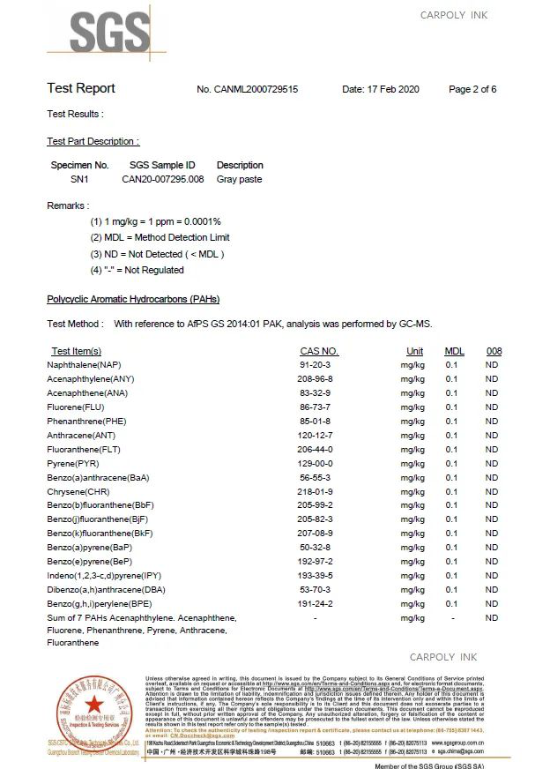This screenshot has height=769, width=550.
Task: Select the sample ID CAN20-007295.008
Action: (x=162, y=179)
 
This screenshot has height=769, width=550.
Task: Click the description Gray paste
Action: (x=239, y=179)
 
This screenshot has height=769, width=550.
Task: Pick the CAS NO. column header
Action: (x=319, y=351)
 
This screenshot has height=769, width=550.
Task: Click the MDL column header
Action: (x=454, y=351)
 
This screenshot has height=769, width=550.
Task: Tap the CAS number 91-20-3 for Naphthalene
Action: (x=315, y=365)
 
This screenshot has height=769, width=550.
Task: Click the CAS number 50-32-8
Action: (x=315, y=548)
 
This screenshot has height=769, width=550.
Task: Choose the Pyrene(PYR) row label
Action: (x=73, y=463)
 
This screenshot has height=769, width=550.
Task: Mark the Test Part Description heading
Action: (x=93, y=141)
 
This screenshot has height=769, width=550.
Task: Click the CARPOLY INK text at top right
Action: (x=453, y=15)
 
